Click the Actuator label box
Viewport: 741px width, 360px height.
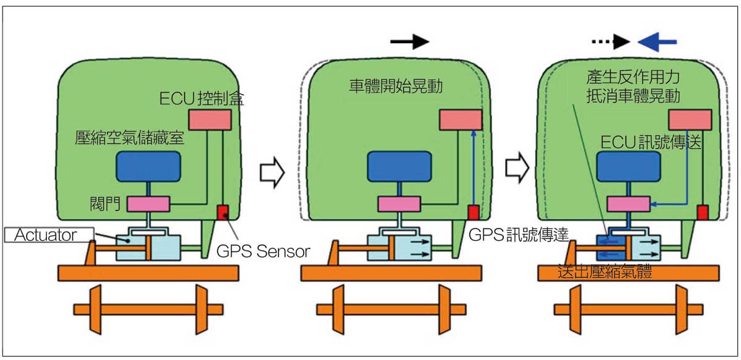[x=48, y=235]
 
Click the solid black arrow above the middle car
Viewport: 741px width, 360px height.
[x=409, y=41]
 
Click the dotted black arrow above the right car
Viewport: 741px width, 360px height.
[x=611, y=41]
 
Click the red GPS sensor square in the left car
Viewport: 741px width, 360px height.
[x=223, y=212]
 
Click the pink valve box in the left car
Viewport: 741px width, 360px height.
[x=148, y=203]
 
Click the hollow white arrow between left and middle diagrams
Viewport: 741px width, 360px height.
[x=270, y=171]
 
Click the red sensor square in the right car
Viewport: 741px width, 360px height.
[x=702, y=212]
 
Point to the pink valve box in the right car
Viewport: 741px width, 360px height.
[x=628, y=204]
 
